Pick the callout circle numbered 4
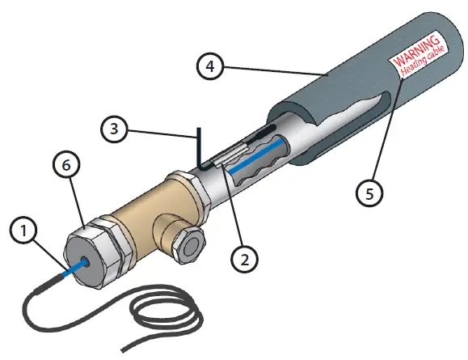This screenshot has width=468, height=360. pos(209,64)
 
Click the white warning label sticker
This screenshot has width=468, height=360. pos(418,58)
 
